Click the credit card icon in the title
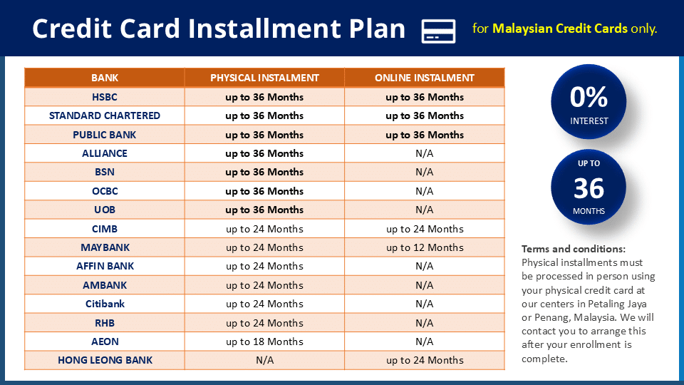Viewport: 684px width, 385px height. click(x=438, y=31)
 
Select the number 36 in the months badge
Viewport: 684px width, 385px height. click(x=589, y=188)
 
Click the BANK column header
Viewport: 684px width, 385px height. click(x=105, y=78)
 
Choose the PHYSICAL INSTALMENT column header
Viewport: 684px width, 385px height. click(x=264, y=78)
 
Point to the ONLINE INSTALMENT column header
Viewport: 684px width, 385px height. click(x=424, y=78)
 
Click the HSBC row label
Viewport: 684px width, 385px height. click(x=105, y=97)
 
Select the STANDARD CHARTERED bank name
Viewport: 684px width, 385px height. click(x=105, y=115)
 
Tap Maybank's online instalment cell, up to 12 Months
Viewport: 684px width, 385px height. click(x=425, y=247)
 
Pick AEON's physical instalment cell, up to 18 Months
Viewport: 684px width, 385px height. click(x=264, y=342)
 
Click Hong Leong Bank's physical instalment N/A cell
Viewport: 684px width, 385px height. click(x=264, y=360)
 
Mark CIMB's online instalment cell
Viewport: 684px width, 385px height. click(x=425, y=229)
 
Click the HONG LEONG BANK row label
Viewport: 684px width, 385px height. click(x=105, y=360)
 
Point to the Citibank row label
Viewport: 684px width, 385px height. click(x=105, y=304)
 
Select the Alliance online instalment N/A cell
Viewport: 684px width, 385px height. click(x=424, y=153)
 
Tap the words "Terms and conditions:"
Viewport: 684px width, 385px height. click(x=574, y=249)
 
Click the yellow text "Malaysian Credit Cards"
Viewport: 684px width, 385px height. click(x=560, y=29)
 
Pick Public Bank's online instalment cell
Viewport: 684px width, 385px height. click(x=425, y=135)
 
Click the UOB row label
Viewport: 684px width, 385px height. click(x=105, y=210)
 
